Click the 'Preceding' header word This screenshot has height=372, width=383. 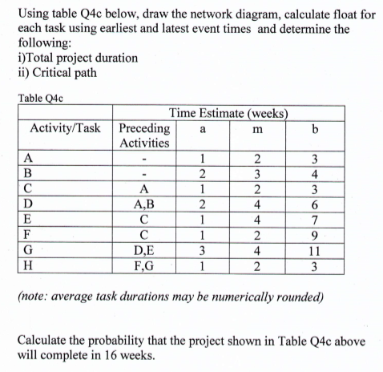click(x=143, y=128)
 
